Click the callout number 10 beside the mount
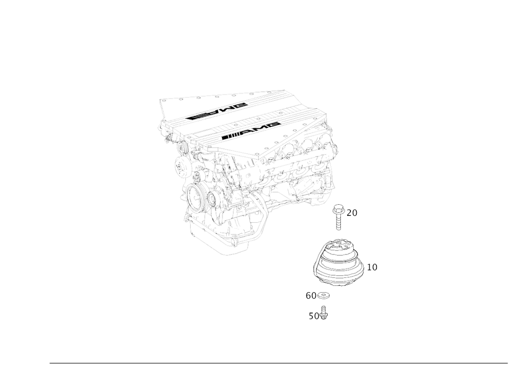[x=373, y=267]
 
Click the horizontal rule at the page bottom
[x=279, y=363]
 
